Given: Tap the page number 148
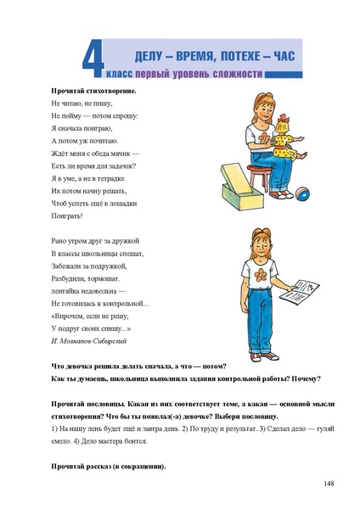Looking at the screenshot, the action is (x=329, y=484).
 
